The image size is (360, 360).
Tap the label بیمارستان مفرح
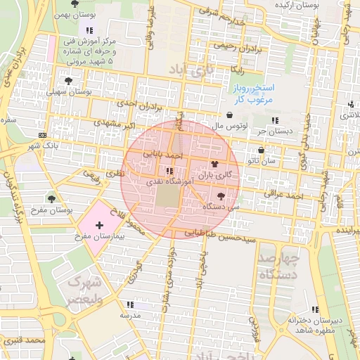(x=101, y=238)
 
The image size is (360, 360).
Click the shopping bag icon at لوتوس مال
(x=230, y=115)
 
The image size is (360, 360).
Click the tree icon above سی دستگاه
(x=222, y=196)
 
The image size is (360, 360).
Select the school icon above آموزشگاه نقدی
(x=169, y=171)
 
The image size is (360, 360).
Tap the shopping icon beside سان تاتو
(x=262, y=150)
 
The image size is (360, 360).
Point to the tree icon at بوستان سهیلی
(x=68, y=82)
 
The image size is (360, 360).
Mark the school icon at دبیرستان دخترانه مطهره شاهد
(x=316, y=309)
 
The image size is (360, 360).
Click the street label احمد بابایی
(x=164, y=153)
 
